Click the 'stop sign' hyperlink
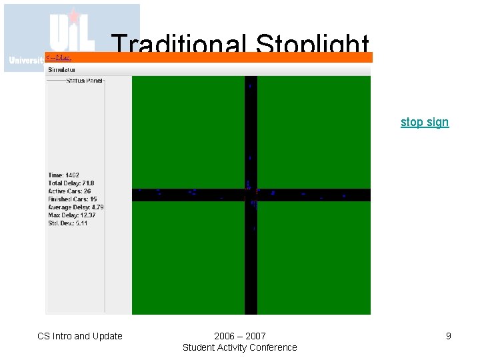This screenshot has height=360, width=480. coord(425,122)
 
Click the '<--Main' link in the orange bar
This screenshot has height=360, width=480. coord(59,58)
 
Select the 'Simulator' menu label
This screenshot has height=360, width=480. coord(61,69)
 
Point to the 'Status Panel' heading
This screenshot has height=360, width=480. coord(85,81)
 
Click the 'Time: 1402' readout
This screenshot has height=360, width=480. coord(64,175)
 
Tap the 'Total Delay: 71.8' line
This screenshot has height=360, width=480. coord(71,183)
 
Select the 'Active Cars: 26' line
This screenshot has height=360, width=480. coord(69,191)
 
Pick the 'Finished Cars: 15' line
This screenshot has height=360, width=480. coord(72,199)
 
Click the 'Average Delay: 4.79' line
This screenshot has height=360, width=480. coord(76,207)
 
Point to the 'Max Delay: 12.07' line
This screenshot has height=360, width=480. coord(72,215)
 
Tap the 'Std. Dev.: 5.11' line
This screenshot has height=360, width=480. coord(68,223)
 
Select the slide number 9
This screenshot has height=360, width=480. coord(449,336)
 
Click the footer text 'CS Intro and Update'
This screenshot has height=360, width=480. coord(80,336)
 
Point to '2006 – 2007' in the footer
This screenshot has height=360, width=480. coord(240,336)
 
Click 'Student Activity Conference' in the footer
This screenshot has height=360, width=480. coord(240,347)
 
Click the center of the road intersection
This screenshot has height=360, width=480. coord(251,195)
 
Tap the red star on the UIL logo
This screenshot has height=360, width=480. coord(74,16)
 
